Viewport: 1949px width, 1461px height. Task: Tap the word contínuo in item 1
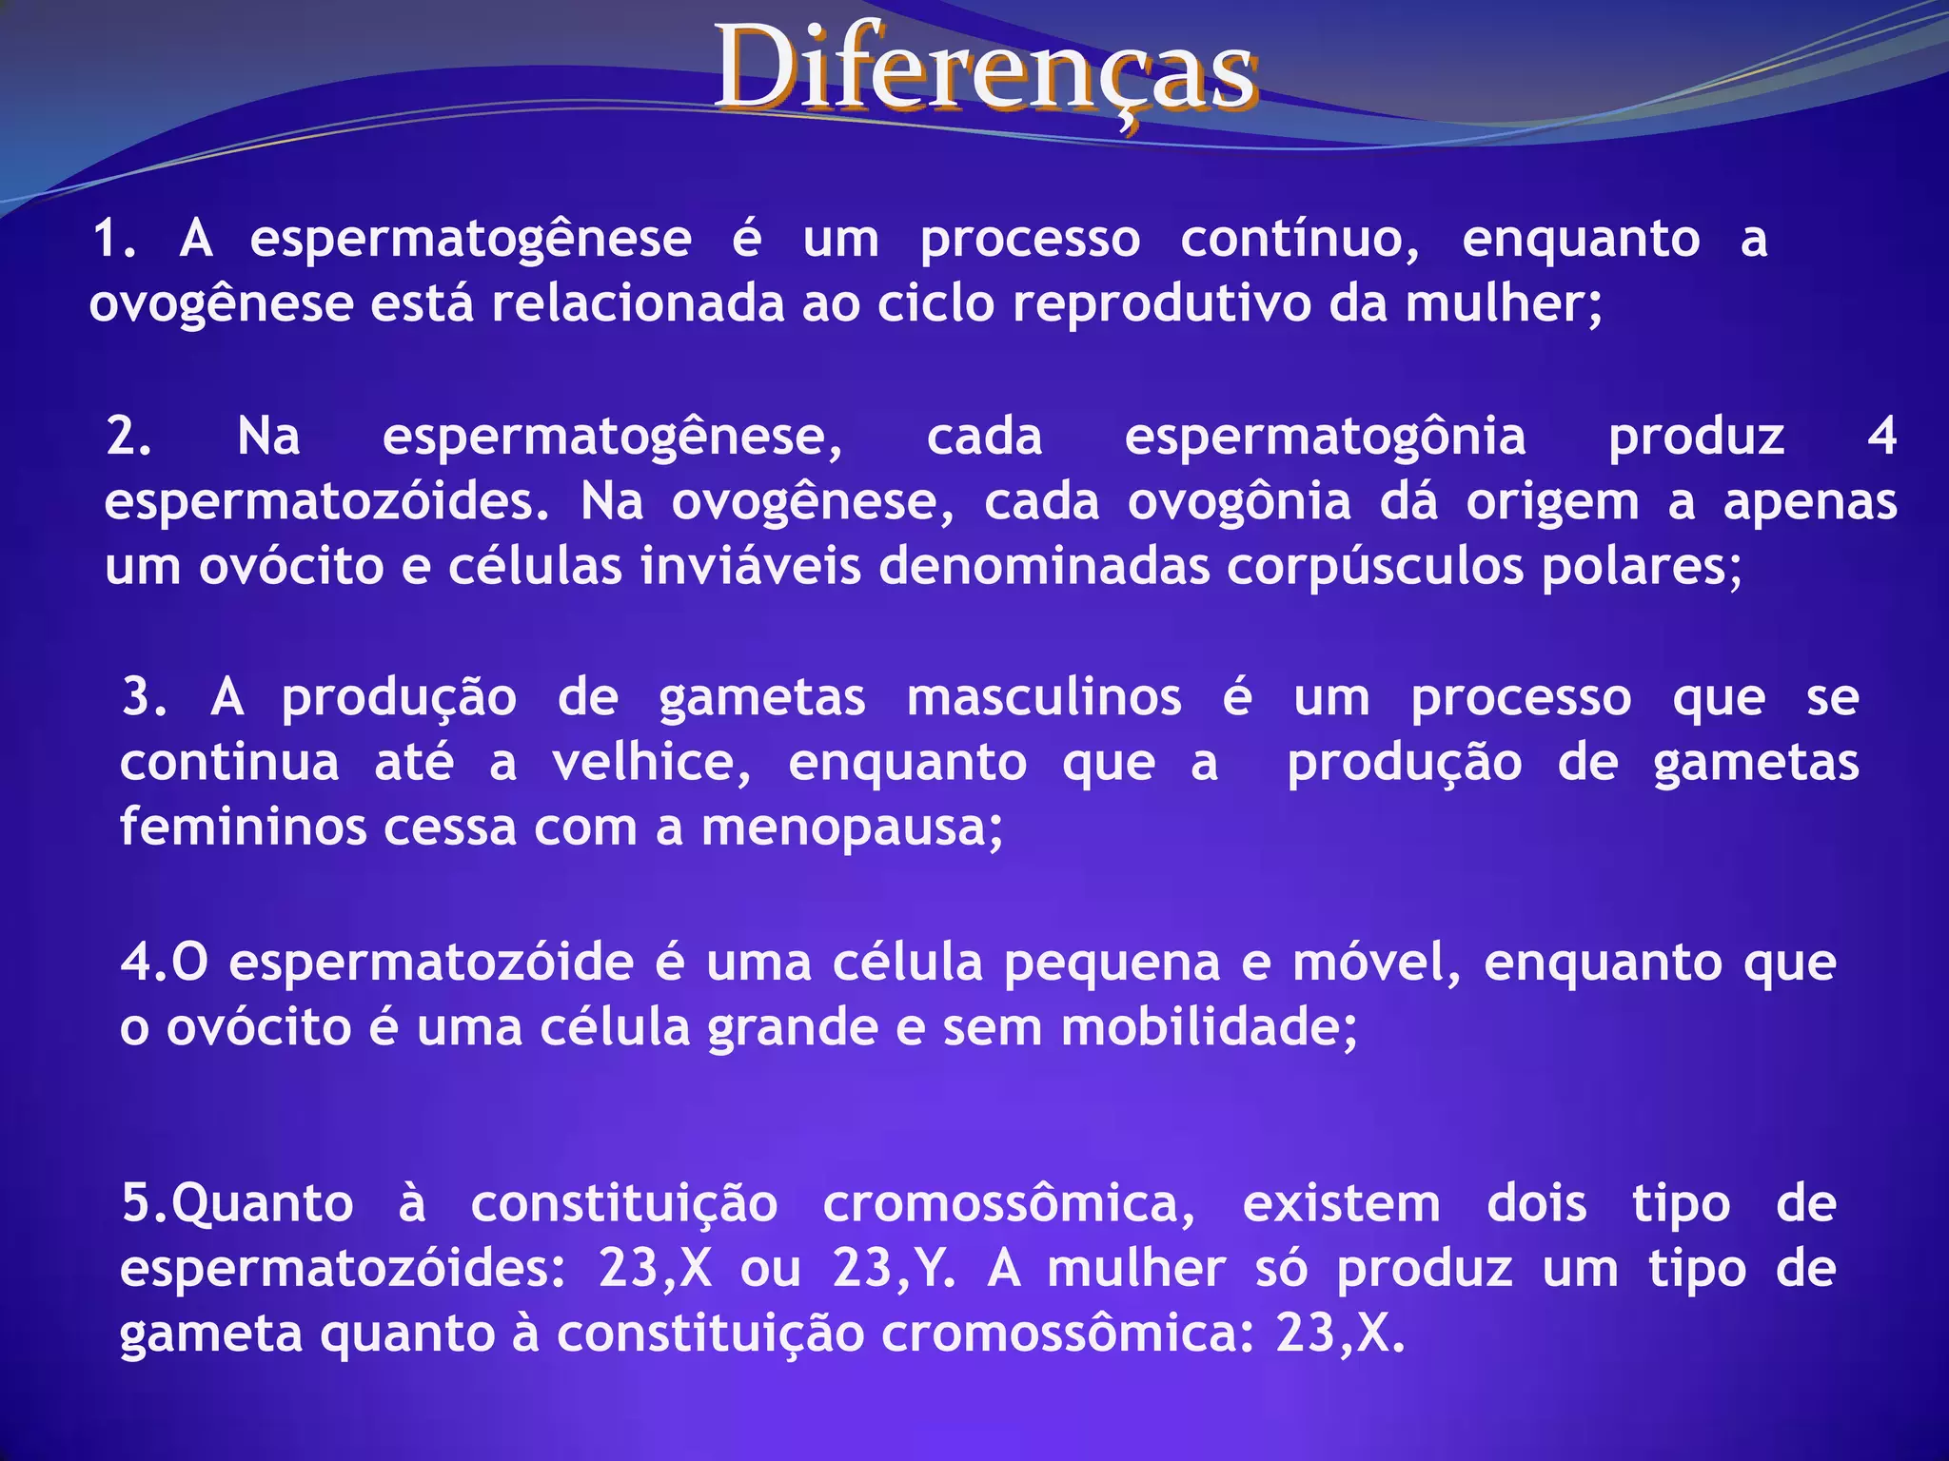point(1299,240)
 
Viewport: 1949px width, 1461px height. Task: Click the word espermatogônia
point(1325,438)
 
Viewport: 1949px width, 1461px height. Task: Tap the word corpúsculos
point(1375,567)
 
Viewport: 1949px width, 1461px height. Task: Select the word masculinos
point(1044,698)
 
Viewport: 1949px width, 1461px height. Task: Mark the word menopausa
point(852,828)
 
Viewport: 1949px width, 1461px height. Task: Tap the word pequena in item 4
point(1112,963)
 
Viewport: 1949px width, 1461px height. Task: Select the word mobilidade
point(1209,1027)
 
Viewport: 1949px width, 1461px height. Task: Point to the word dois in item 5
point(1536,1204)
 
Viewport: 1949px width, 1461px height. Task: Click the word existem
point(1341,1204)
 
